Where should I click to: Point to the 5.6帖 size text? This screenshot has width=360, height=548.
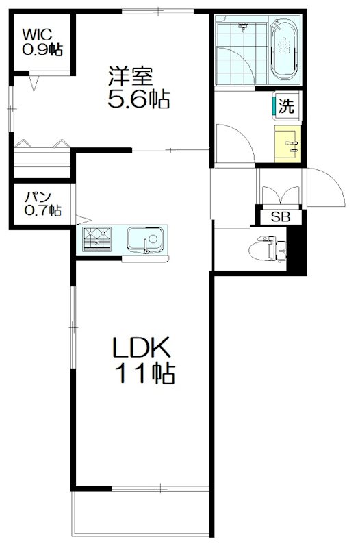point(138,101)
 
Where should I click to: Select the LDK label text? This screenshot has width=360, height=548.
point(141,348)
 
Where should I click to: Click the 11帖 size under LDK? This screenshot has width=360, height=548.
point(144,374)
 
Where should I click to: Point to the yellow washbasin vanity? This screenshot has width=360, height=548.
point(288,144)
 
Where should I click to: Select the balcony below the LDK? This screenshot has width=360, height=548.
point(141,515)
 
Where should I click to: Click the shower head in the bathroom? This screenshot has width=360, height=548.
point(244,27)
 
